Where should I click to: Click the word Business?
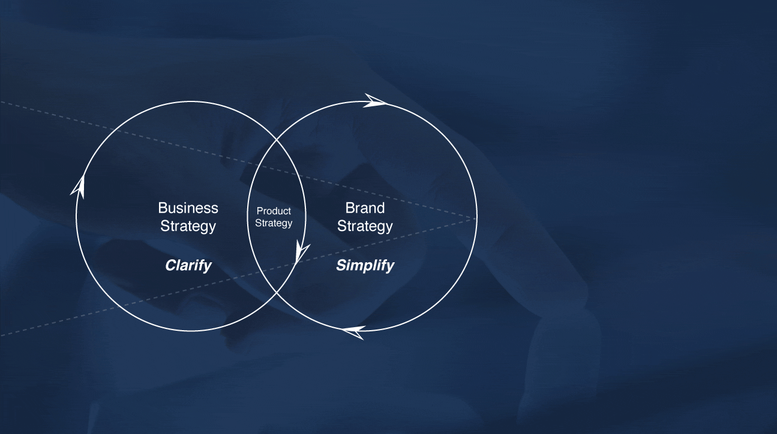(188, 208)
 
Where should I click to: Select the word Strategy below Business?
(188, 226)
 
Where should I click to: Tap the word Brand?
(365, 208)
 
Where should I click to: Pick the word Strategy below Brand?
(365, 226)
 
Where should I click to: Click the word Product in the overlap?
(274, 211)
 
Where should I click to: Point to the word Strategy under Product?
(274, 223)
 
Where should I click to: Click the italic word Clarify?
(188, 266)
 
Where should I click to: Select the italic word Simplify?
(365, 266)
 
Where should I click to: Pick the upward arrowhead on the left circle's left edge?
(78, 187)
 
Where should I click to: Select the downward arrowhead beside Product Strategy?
(302, 252)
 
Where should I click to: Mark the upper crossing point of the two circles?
(277, 139)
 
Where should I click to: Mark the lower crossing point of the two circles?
(277, 293)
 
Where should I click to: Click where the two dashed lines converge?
(475, 219)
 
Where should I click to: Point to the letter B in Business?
(163, 208)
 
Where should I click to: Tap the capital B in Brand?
(349, 208)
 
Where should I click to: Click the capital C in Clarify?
(170, 266)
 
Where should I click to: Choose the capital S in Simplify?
(341, 266)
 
